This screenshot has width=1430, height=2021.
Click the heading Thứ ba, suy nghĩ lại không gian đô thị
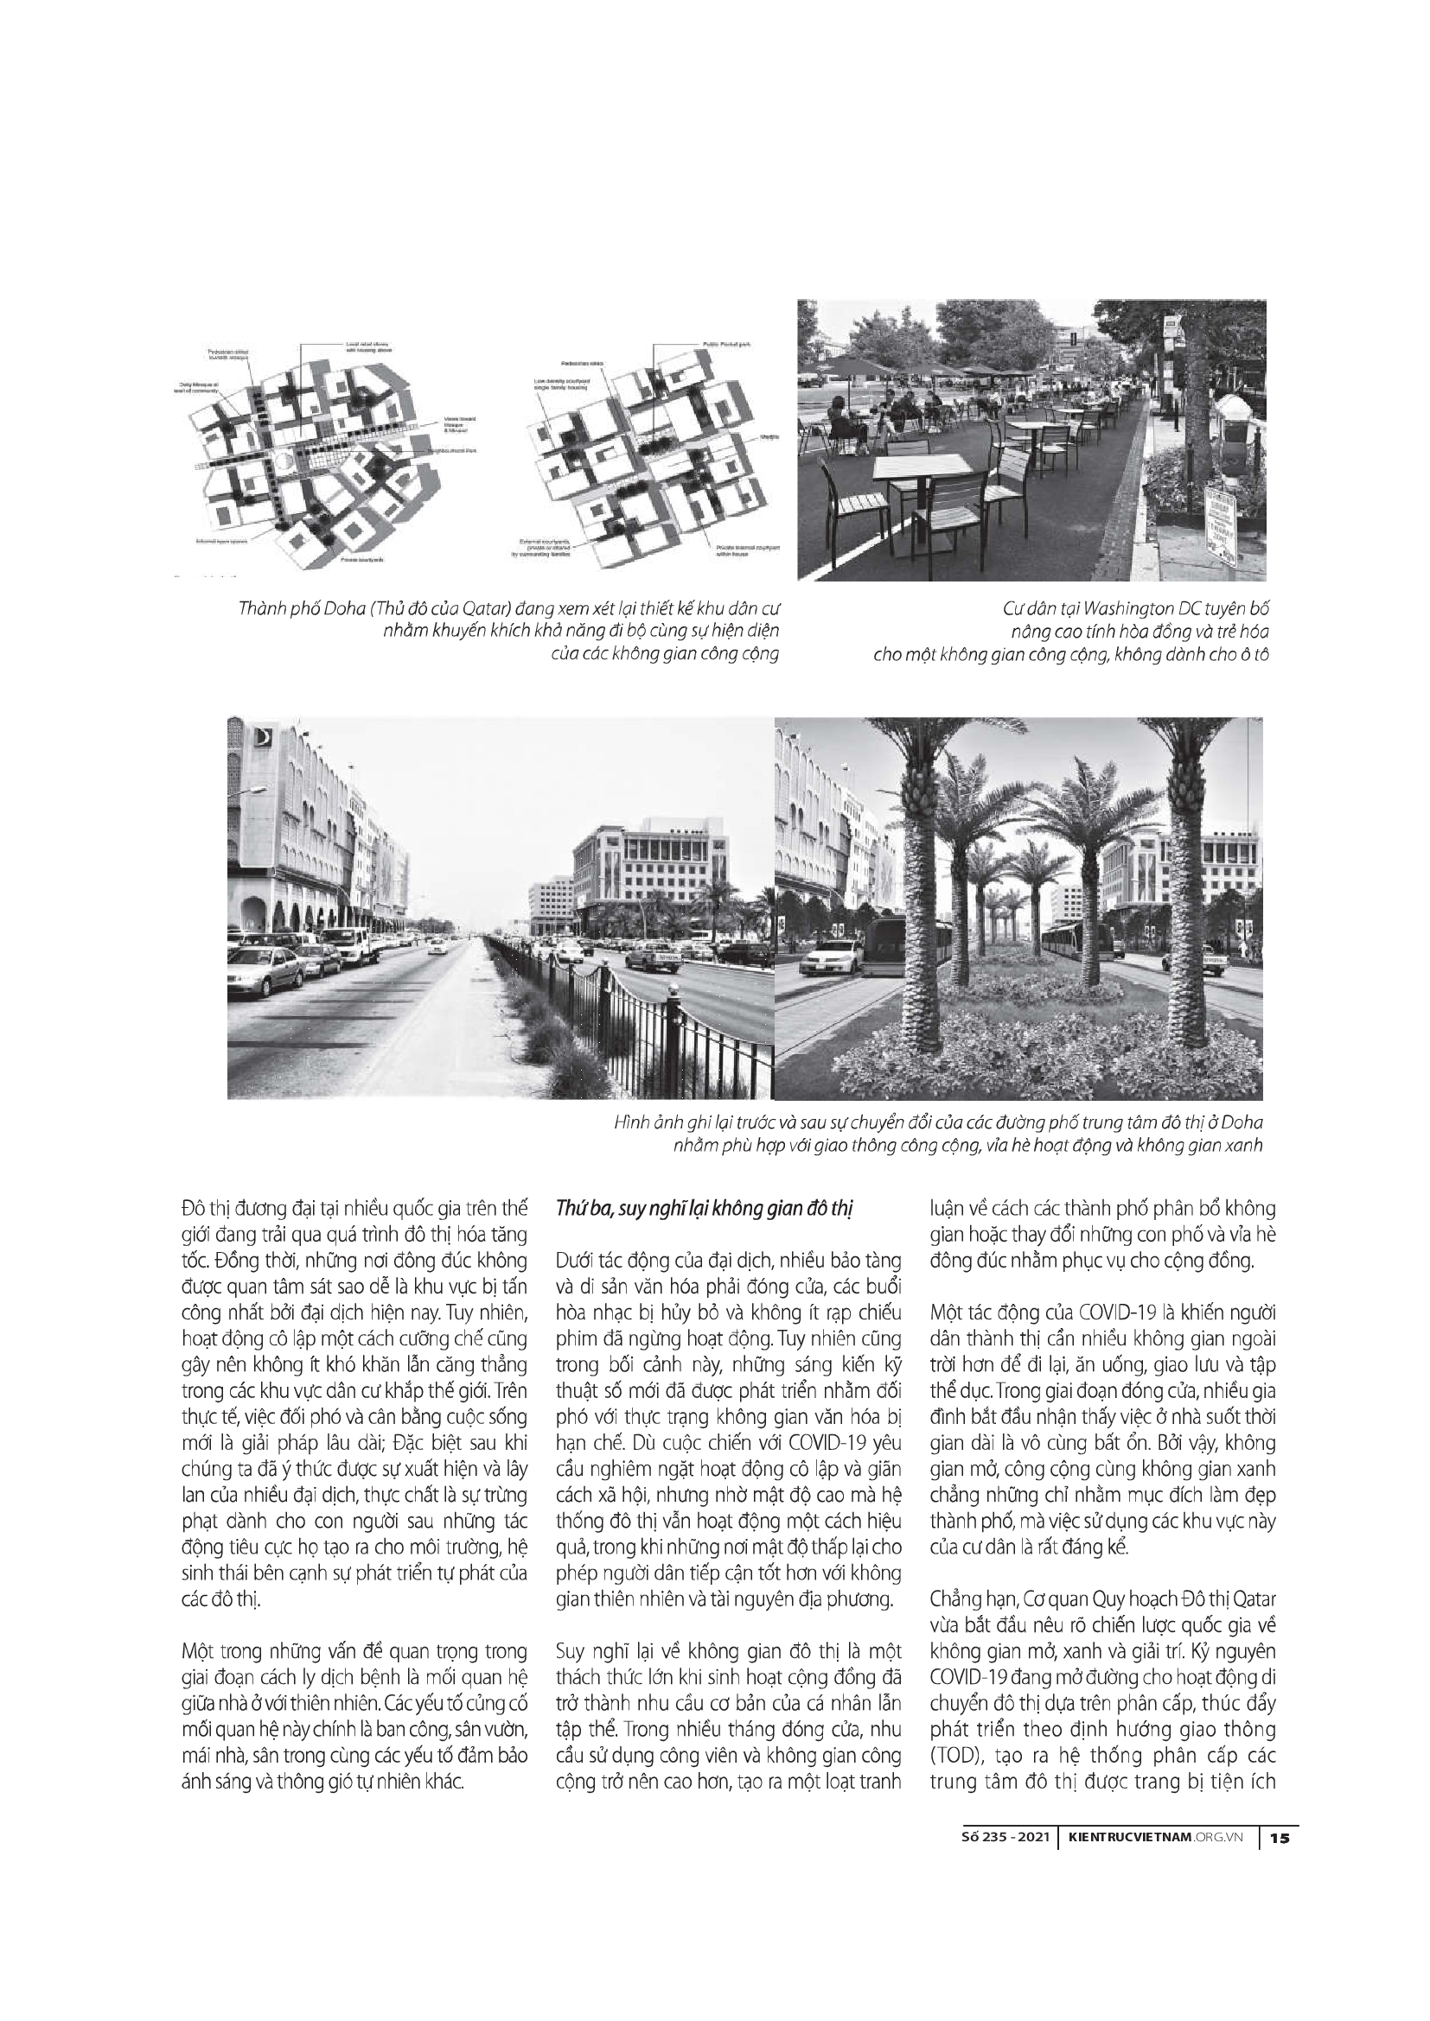tap(704, 1208)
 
